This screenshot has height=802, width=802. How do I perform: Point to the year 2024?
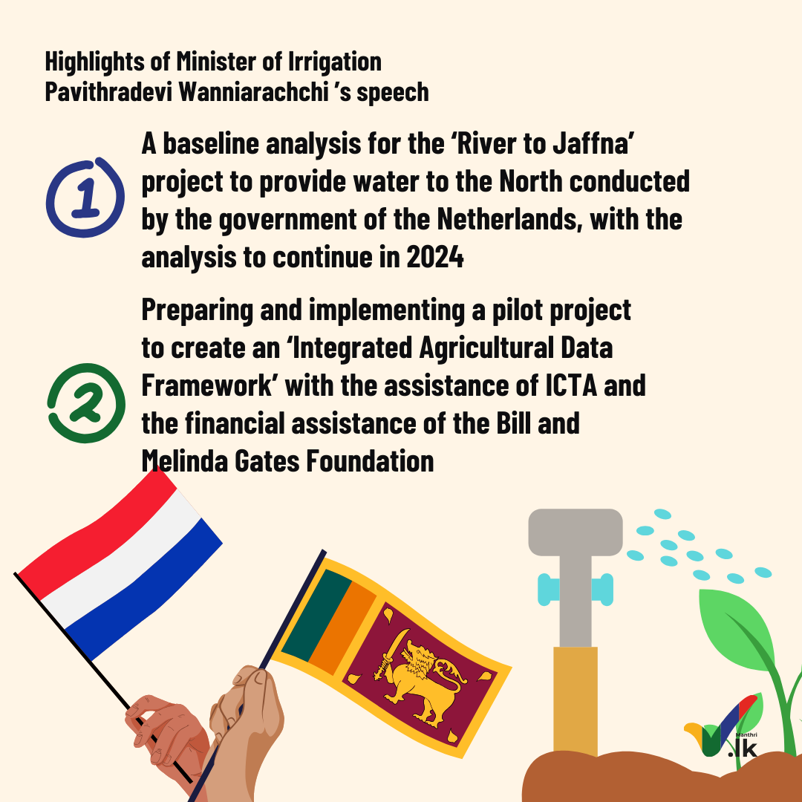435,257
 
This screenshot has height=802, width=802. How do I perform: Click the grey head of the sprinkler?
576,532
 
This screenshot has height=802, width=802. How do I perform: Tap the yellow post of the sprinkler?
576,701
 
